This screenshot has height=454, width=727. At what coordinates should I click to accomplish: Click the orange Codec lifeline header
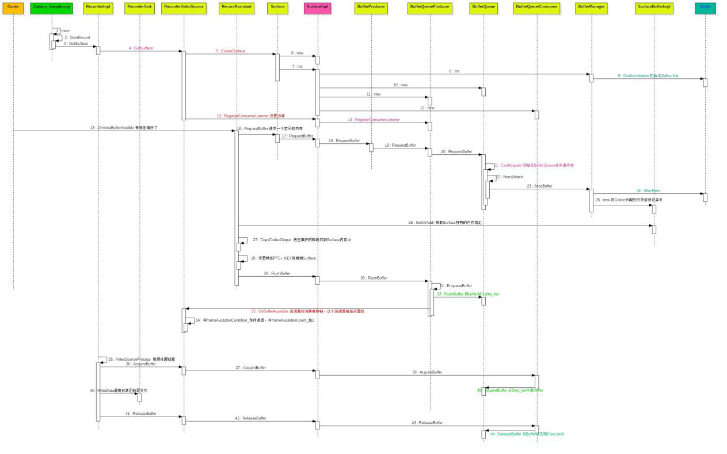point(13,8)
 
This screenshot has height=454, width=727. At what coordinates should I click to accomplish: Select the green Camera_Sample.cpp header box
point(51,8)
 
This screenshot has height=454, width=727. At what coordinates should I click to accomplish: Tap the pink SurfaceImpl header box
point(317,8)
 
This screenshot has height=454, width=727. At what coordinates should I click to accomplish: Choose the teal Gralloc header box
point(705,8)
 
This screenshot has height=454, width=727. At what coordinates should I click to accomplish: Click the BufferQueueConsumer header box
point(536,8)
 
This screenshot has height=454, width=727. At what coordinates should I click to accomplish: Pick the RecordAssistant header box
point(237,8)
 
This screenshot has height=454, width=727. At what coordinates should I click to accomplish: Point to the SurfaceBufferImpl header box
point(654,8)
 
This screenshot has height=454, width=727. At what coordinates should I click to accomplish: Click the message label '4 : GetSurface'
point(141,48)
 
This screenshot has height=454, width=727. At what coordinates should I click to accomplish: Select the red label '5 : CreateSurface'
point(231,51)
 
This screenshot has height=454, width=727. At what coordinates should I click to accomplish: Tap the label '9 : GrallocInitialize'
point(648,76)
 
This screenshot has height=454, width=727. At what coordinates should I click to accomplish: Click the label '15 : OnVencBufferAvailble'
point(124,128)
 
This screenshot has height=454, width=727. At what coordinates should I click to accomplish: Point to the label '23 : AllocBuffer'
point(539,186)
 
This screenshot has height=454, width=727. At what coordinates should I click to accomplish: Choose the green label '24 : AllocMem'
point(648,191)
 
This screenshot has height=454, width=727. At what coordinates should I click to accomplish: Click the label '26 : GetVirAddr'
point(445,223)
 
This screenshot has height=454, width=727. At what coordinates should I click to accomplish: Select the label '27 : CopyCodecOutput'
point(302,240)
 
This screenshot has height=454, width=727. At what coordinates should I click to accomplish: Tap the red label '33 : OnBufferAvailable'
point(307,311)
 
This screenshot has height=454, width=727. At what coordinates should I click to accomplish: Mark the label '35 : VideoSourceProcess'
point(142,360)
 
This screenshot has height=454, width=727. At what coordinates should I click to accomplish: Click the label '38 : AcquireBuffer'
point(427,372)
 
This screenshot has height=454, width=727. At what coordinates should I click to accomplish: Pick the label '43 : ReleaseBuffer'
point(427,423)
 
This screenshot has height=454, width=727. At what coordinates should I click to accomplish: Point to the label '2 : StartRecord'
point(77,37)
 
